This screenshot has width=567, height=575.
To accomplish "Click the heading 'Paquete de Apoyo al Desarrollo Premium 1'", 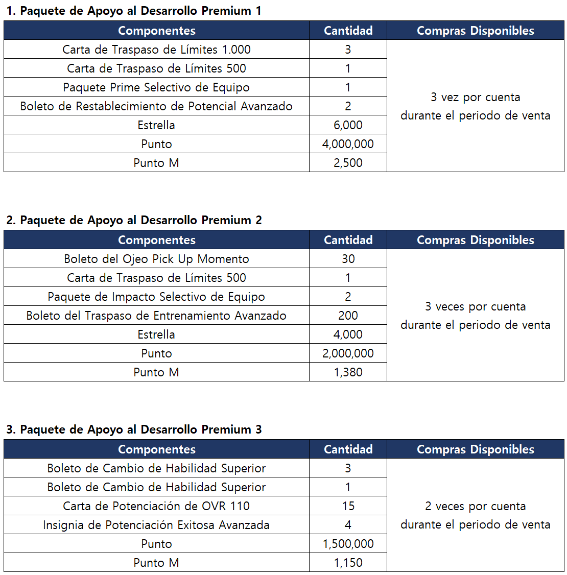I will coord(134,11).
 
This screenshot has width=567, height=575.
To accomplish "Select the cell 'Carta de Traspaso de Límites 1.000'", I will coord(156,50).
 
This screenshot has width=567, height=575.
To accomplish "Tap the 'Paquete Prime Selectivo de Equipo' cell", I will coord(156,87).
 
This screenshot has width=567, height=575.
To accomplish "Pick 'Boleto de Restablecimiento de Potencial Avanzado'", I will coord(156,106).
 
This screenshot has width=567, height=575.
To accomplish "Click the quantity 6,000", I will coord(348,125).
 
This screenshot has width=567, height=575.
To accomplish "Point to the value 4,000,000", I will coord(348,144).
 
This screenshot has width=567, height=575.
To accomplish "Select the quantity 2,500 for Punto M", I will coord(348,163).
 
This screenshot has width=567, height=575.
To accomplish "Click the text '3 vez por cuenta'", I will coord(475,97).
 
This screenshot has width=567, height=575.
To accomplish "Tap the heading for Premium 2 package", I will coord(134,220).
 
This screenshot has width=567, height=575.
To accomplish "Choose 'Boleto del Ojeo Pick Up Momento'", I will coord(156,259).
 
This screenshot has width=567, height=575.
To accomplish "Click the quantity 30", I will coord(348,259).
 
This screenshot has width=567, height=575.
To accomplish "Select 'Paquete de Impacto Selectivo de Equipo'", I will coord(156,297).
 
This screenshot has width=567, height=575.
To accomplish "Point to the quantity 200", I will coord(348,316).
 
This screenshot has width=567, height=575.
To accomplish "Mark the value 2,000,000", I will coord(348,353).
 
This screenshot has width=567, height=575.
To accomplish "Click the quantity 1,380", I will coord(348,372).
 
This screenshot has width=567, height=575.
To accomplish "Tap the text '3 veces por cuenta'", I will coord(475,306).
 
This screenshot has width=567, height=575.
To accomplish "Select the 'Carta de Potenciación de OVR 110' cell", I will coord(156,506).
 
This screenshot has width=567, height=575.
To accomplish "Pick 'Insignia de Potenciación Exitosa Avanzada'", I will coord(156,525).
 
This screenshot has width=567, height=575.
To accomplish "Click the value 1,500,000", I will coord(348,544).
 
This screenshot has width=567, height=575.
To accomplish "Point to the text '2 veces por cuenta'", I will coord(475,506).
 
